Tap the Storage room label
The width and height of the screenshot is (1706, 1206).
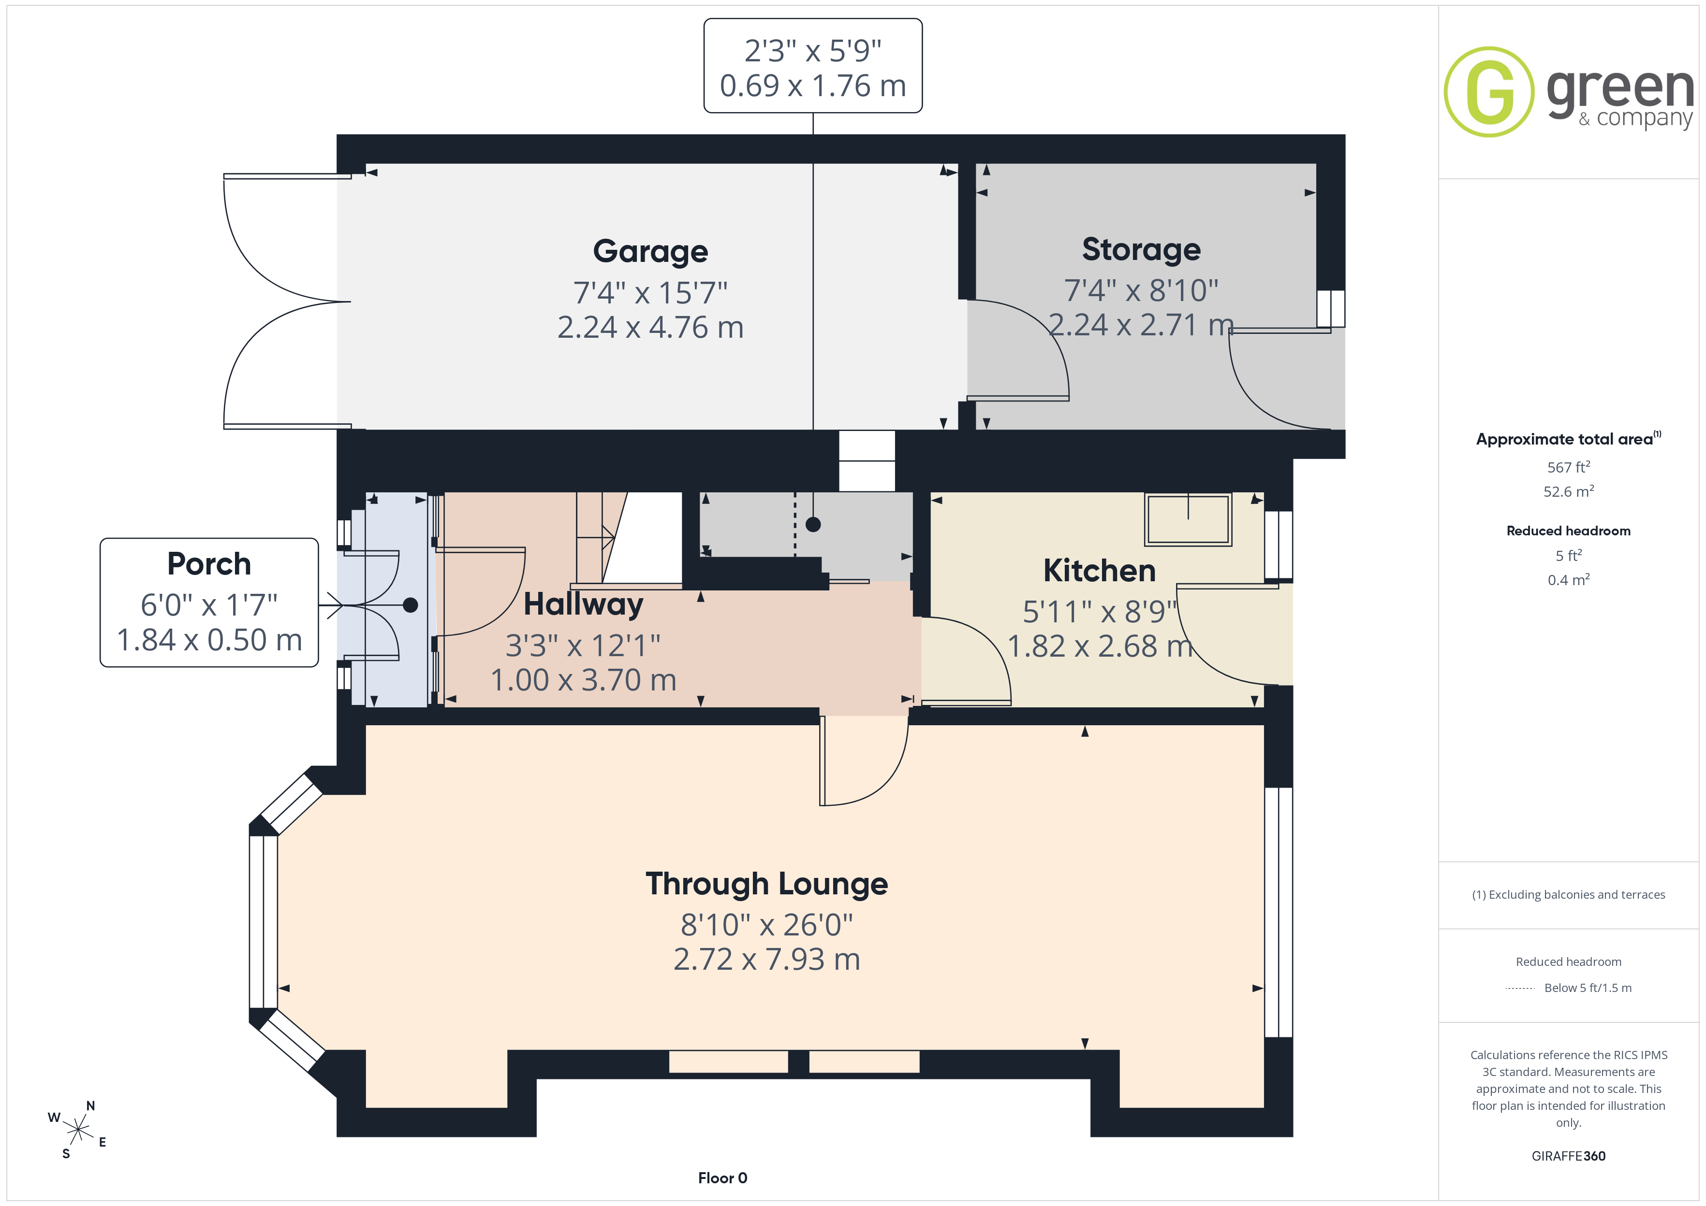click(1141, 249)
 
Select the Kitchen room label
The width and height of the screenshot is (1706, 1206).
click(1100, 570)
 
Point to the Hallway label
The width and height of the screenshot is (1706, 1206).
click(583, 604)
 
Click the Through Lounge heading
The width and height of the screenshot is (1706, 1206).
click(767, 884)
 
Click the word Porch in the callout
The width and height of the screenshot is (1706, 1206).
click(209, 564)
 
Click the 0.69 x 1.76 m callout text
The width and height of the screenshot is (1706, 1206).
click(813, 86)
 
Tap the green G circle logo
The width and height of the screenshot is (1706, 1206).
click(1489, 92)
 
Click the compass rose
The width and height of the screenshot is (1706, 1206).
click(78, 1130)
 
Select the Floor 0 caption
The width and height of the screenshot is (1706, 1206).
click(722, 1178)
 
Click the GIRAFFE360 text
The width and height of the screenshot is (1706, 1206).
click(1569, 1155)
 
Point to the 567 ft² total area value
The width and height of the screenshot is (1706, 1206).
click(1569, 467)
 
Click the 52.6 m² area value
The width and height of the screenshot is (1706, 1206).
click(1569, 491)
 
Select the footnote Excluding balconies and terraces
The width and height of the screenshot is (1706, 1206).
click(1569, 895)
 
